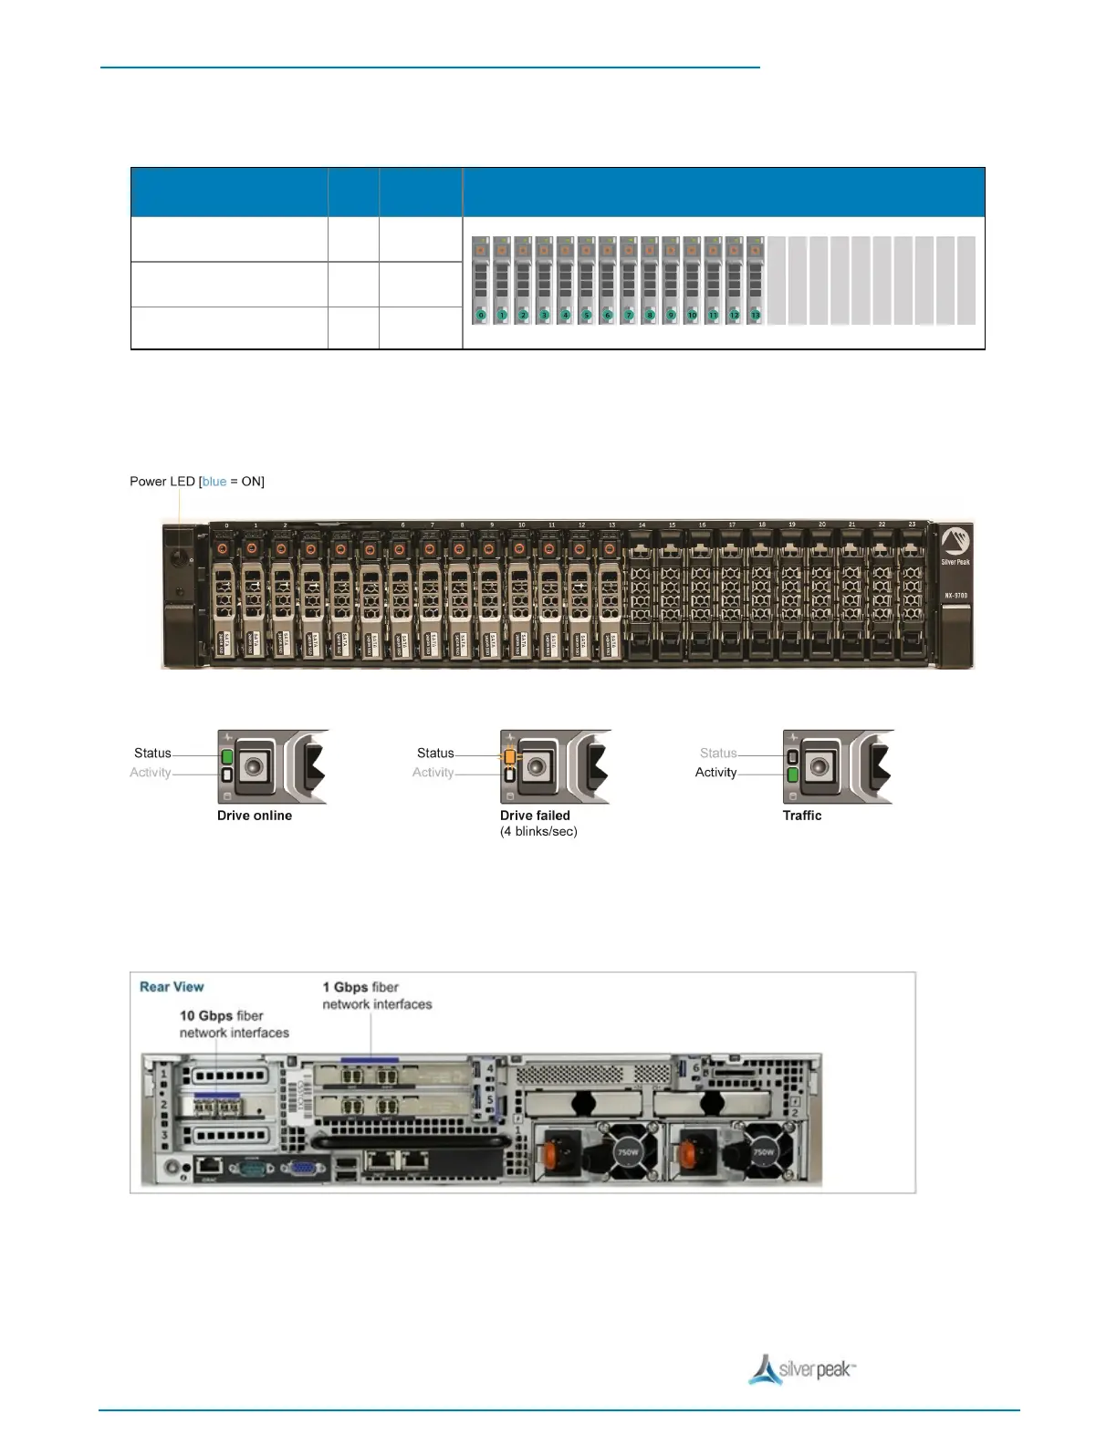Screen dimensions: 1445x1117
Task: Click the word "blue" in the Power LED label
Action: click(214, 482)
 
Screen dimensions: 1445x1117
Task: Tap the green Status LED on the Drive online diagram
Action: click(227, 757)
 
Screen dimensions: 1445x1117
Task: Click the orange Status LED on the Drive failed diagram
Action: click(510, 757)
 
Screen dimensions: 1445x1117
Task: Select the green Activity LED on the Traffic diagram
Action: click(793, 775)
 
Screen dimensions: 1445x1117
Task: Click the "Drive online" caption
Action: click(255, 816)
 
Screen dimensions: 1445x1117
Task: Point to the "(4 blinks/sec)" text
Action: click(538, 832)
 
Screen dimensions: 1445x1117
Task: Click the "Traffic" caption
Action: click(802, 816)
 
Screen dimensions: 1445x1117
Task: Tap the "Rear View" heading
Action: click(172, 987)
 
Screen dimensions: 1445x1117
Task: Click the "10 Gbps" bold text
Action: click(206, 1016)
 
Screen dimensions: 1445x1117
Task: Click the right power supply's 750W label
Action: click(764, 1152)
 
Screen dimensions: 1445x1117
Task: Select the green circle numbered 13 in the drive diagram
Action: click(755, 316)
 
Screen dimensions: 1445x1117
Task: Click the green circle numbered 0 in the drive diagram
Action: click(481, 316)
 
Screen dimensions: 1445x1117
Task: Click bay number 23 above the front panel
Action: click(912, 525)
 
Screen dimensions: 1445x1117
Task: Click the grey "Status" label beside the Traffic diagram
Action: click(718, 754)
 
